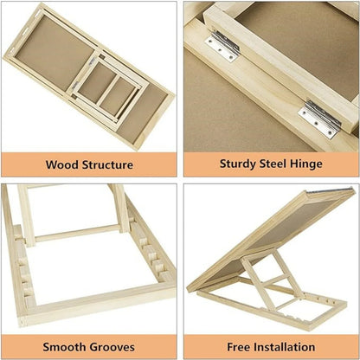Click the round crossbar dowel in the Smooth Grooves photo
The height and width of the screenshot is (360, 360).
click(x=76, y=233)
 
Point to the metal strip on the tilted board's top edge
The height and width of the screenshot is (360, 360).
click(x=344, y=190)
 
